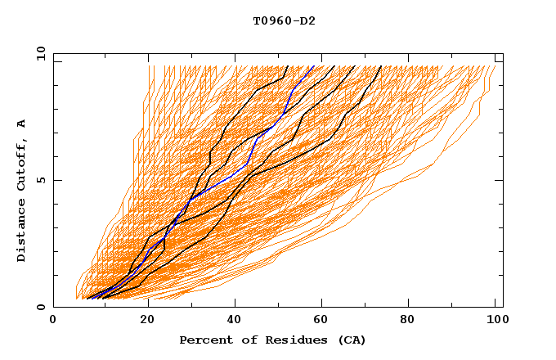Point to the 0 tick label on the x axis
[53, 322]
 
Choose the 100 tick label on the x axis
[494, 322]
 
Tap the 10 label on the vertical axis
[39, 53]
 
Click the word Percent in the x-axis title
[204, 340]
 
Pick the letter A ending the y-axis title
[22, 124]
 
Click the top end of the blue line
[314, 65]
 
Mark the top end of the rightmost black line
[381, 65]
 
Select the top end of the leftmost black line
[288, 65]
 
